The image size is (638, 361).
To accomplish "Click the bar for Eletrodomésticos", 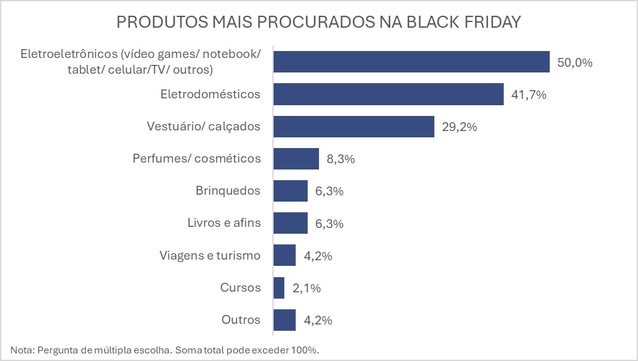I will [388, 95].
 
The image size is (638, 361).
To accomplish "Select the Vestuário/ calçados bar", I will [354, 127].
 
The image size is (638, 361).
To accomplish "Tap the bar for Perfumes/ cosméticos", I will [296, 159].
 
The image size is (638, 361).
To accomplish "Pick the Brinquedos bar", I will [291, 191].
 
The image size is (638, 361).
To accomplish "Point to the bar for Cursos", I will [279, 288].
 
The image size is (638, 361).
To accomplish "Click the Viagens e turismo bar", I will [285, 256].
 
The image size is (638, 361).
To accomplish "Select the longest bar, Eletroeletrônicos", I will [412, 62].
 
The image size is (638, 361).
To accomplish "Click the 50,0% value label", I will [574, 62].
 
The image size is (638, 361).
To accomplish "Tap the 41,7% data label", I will [528, 95].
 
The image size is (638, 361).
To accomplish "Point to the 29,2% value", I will [458, 127].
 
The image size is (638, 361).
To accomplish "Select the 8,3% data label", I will [340, 159].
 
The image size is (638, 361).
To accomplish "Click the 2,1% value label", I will [306, 289].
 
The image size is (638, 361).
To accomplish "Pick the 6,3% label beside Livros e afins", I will [328, 224].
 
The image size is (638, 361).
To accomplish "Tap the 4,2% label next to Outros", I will [318, 321].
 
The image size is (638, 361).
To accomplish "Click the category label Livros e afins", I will [224, 223].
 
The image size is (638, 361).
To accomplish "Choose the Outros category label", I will [241, 320].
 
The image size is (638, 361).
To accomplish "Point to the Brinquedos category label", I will [228, 191].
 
